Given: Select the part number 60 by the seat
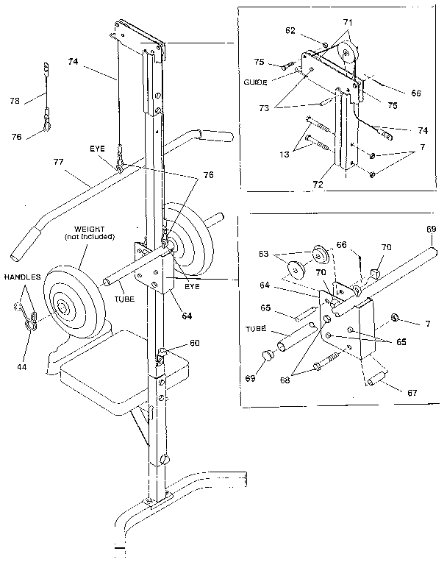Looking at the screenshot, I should point(175,342).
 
